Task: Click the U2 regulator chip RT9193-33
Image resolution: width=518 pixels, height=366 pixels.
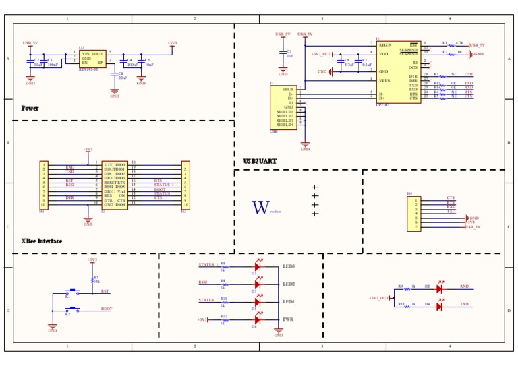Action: pos(92,58)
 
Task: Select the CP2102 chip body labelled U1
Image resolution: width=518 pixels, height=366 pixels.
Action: pos(398,71)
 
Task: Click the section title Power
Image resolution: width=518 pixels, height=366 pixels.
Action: pos(30,108)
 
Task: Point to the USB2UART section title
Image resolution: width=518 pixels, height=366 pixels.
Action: pos(260,162)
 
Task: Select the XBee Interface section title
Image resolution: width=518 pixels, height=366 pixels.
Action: pos(42,241)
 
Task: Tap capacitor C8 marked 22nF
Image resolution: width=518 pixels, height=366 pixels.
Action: pos(115,75)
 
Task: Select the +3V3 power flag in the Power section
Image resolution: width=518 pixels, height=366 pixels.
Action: pos(172,44)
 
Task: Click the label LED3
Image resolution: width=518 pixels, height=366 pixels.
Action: pos(289,266)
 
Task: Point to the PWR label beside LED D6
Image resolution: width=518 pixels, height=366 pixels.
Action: pos(287,319)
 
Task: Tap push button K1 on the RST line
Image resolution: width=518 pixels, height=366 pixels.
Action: pos(71,293)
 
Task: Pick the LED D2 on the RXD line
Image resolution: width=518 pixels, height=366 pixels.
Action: pos(439,288)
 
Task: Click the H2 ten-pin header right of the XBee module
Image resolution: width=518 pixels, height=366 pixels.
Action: pos(185,185)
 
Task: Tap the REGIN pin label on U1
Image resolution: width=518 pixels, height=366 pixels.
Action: pos(385,44)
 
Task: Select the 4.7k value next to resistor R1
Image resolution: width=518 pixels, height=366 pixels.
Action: pos(459,42)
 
